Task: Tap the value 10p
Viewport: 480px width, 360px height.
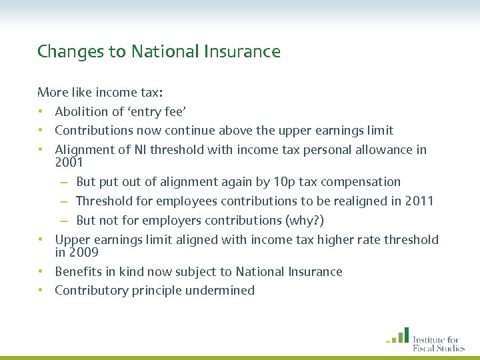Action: pos(283,181)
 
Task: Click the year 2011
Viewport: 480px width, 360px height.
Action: pos(420,201)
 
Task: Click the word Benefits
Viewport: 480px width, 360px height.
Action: pos(79,271)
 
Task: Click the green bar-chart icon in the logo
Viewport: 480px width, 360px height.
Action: pos(398,335)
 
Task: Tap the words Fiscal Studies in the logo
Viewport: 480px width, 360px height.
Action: pos(438,347)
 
